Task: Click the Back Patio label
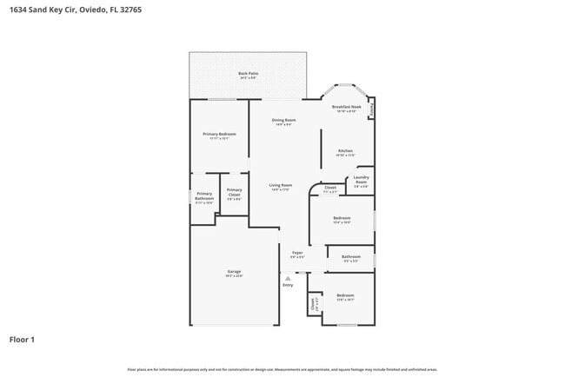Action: [248, 74]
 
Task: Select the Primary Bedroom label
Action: [219, 134]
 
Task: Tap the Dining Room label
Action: [283, 120]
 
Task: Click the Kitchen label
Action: [345, 151]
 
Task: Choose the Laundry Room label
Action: [361, 180]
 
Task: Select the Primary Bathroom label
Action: [204, 196]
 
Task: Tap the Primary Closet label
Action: [234, 193]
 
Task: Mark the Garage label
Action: [234, 273]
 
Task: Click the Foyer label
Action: [297, 253]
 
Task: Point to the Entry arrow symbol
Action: [288, 278]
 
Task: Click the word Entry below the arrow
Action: [288, 285]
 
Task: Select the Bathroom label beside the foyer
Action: [350, 256]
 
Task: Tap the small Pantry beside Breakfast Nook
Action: [371, 110]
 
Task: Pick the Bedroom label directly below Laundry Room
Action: [342, 218]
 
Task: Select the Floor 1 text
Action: [22, 339]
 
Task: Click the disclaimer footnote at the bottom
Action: [282, 369]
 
